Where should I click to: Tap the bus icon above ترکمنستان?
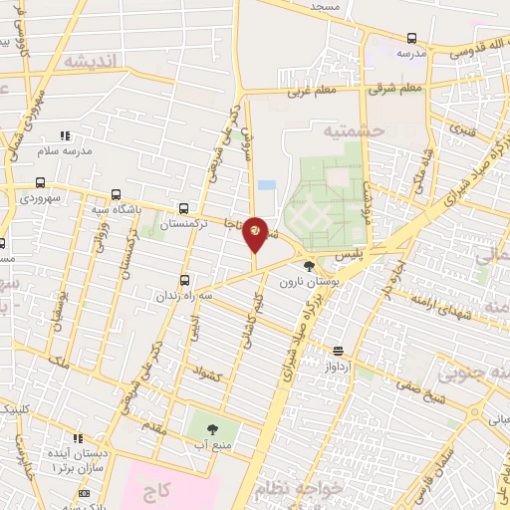point(183,208)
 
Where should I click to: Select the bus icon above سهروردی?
point(40,182)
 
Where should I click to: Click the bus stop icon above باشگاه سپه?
point(118,194)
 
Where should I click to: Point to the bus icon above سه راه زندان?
point(184,280)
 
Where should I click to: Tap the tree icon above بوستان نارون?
point(309,266)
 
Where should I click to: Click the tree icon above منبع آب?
point(211,429)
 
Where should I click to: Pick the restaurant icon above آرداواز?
point(339,351)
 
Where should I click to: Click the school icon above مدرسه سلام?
point(64,135)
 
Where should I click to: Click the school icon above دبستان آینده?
point(77,437)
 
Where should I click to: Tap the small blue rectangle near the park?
point(266,185)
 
